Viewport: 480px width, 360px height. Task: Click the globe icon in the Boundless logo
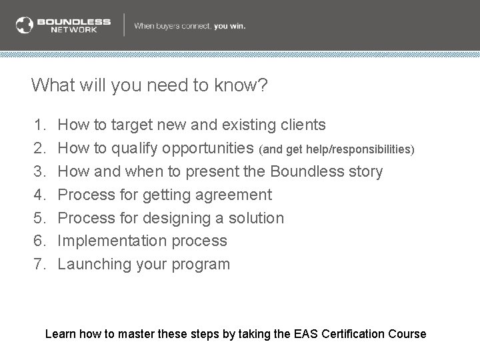click(x=25, y=25)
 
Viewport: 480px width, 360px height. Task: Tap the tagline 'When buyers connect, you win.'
click(x=190, y=26)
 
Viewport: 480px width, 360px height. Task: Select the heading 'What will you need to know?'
click(x=150, y=85)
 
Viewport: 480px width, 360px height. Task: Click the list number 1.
click(x=39, y=125)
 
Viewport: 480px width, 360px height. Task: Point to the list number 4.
click(x=39, y=195)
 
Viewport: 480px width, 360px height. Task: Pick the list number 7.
click(x=39, y=264)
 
